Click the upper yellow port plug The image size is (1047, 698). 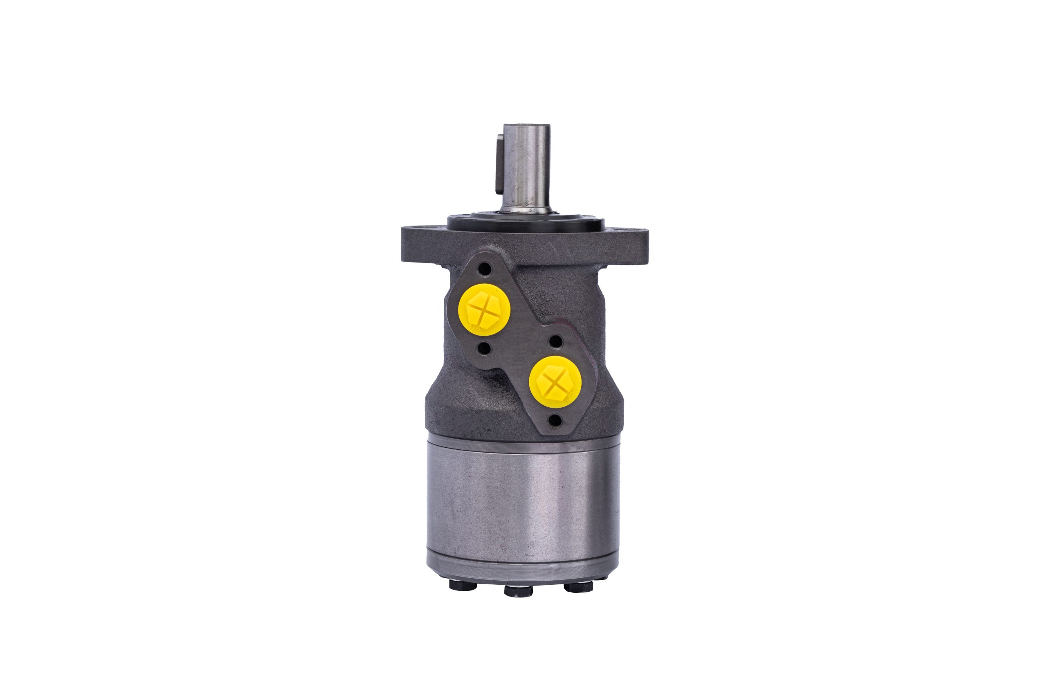[484, 310]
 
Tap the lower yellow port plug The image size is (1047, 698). [555, 382]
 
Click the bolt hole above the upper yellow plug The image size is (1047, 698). [485, 269]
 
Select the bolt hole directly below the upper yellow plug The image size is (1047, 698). [485, 348]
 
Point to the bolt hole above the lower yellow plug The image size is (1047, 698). [555, 342]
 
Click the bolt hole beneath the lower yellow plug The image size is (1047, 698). [554, 420]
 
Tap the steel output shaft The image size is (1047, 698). [526, 169]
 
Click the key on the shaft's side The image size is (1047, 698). [499, 165]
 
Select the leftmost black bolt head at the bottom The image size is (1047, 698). [463, 585]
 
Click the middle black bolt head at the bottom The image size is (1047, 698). [519, 591]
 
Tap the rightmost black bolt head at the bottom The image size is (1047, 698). [578, 587]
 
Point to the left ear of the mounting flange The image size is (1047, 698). [421, 245]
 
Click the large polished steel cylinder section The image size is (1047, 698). [523, 503]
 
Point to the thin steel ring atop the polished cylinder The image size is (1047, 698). [523, 443]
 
